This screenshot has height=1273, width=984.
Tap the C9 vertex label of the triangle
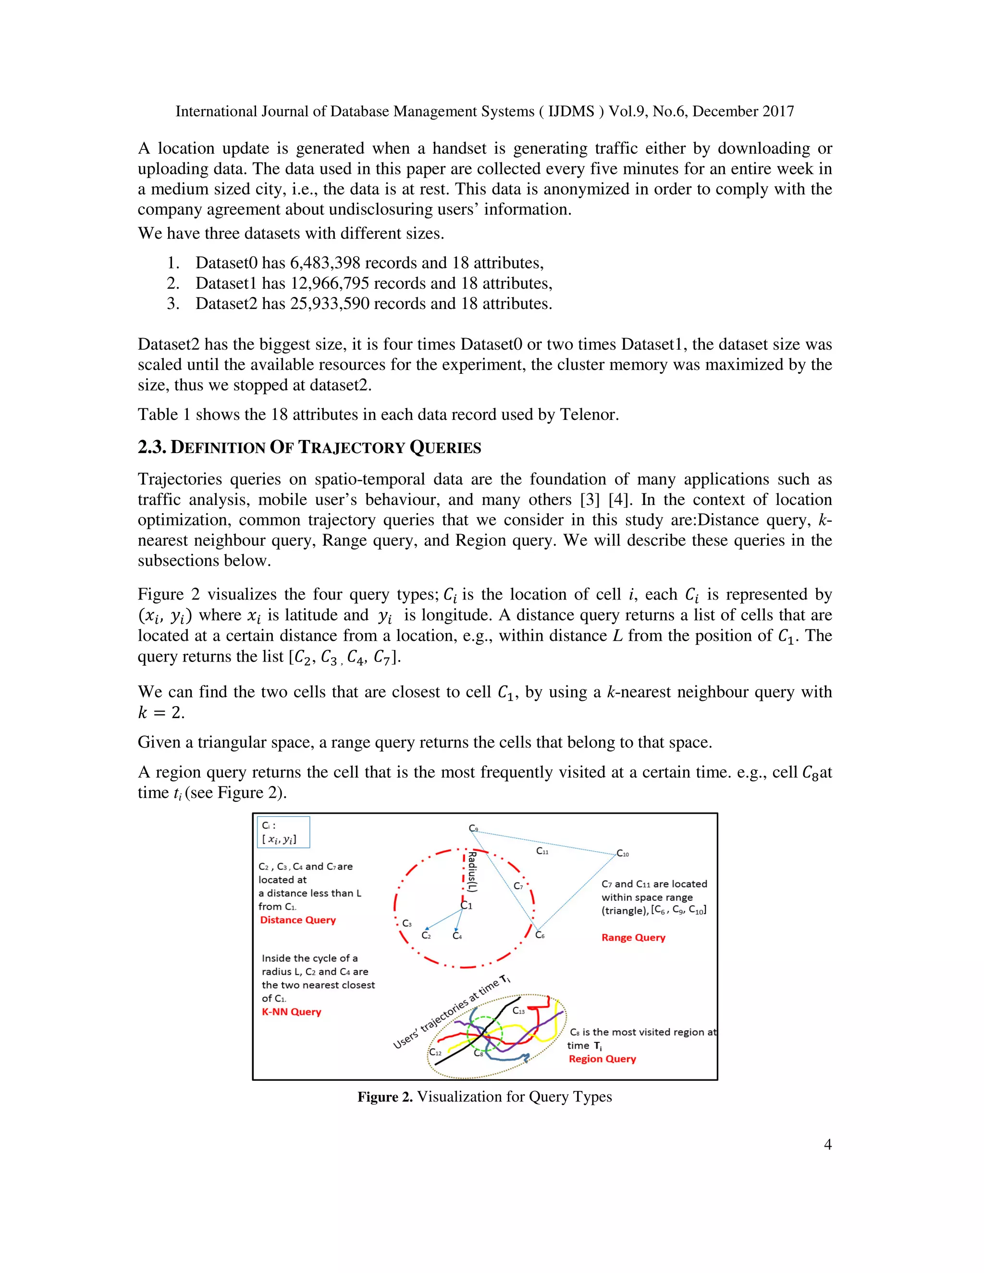pyautogui.click(x=473, y=828)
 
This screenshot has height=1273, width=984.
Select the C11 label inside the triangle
pyautogui.click(x=542, y=851)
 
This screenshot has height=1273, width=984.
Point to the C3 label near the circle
pyautogui.click(x=407, y=923)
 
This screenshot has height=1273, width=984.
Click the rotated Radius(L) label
pyautogui.click(x=473, y=871)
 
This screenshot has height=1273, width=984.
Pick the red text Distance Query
pyautogui.click(x=298, y=920)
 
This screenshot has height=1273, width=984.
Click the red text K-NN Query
pyautogui.click(x=292, y=1011)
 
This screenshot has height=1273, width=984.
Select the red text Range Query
pyautogui.click(x=633, y=937)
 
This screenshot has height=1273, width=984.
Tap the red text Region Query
pyautogui.click(x=602, y=1058)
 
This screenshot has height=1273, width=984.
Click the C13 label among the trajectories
pyautogui.click(x=518, y=1010)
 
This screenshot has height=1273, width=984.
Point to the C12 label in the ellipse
pyautogui.click(x=435, y=1052)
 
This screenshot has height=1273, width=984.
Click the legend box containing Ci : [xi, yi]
pyautogui.click(x=283, y=832)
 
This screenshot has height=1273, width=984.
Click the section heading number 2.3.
pyautogui.click(x=152, y=447)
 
